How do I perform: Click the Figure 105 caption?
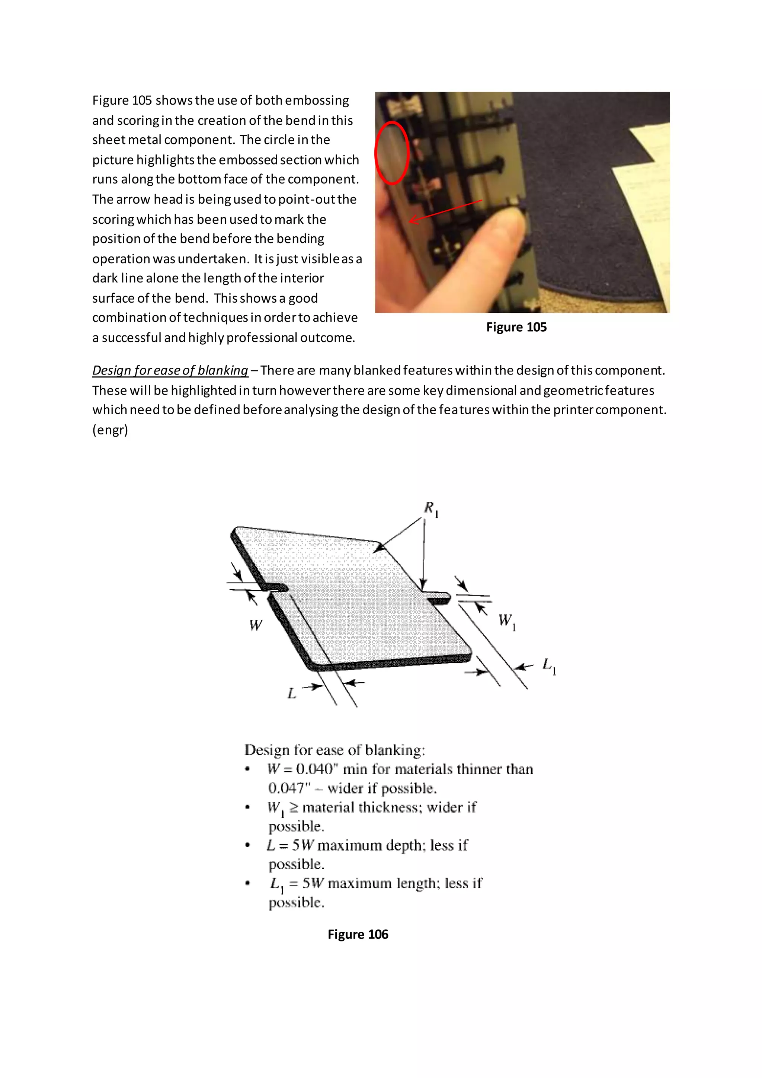point(516,327)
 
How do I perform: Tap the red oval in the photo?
point(392,153)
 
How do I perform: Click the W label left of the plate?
point(256,625)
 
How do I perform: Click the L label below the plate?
point(291,693)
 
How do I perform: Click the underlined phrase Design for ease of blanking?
point(170,370)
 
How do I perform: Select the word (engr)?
point(110,430)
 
